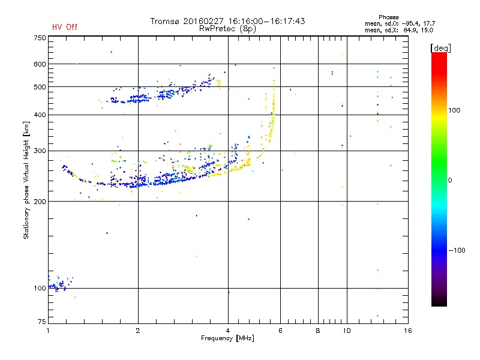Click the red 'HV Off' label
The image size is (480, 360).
coord(64,27)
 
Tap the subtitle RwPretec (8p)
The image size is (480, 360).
coord(227,28)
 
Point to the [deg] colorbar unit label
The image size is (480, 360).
coord(441,47)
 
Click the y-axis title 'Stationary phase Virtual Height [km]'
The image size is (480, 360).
coord(26,181)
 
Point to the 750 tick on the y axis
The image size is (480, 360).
coord(40,38)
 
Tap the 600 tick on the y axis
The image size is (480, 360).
coord(40,64)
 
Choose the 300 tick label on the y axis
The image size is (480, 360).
coord(40,151)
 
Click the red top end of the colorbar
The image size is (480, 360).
coord(439,55)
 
